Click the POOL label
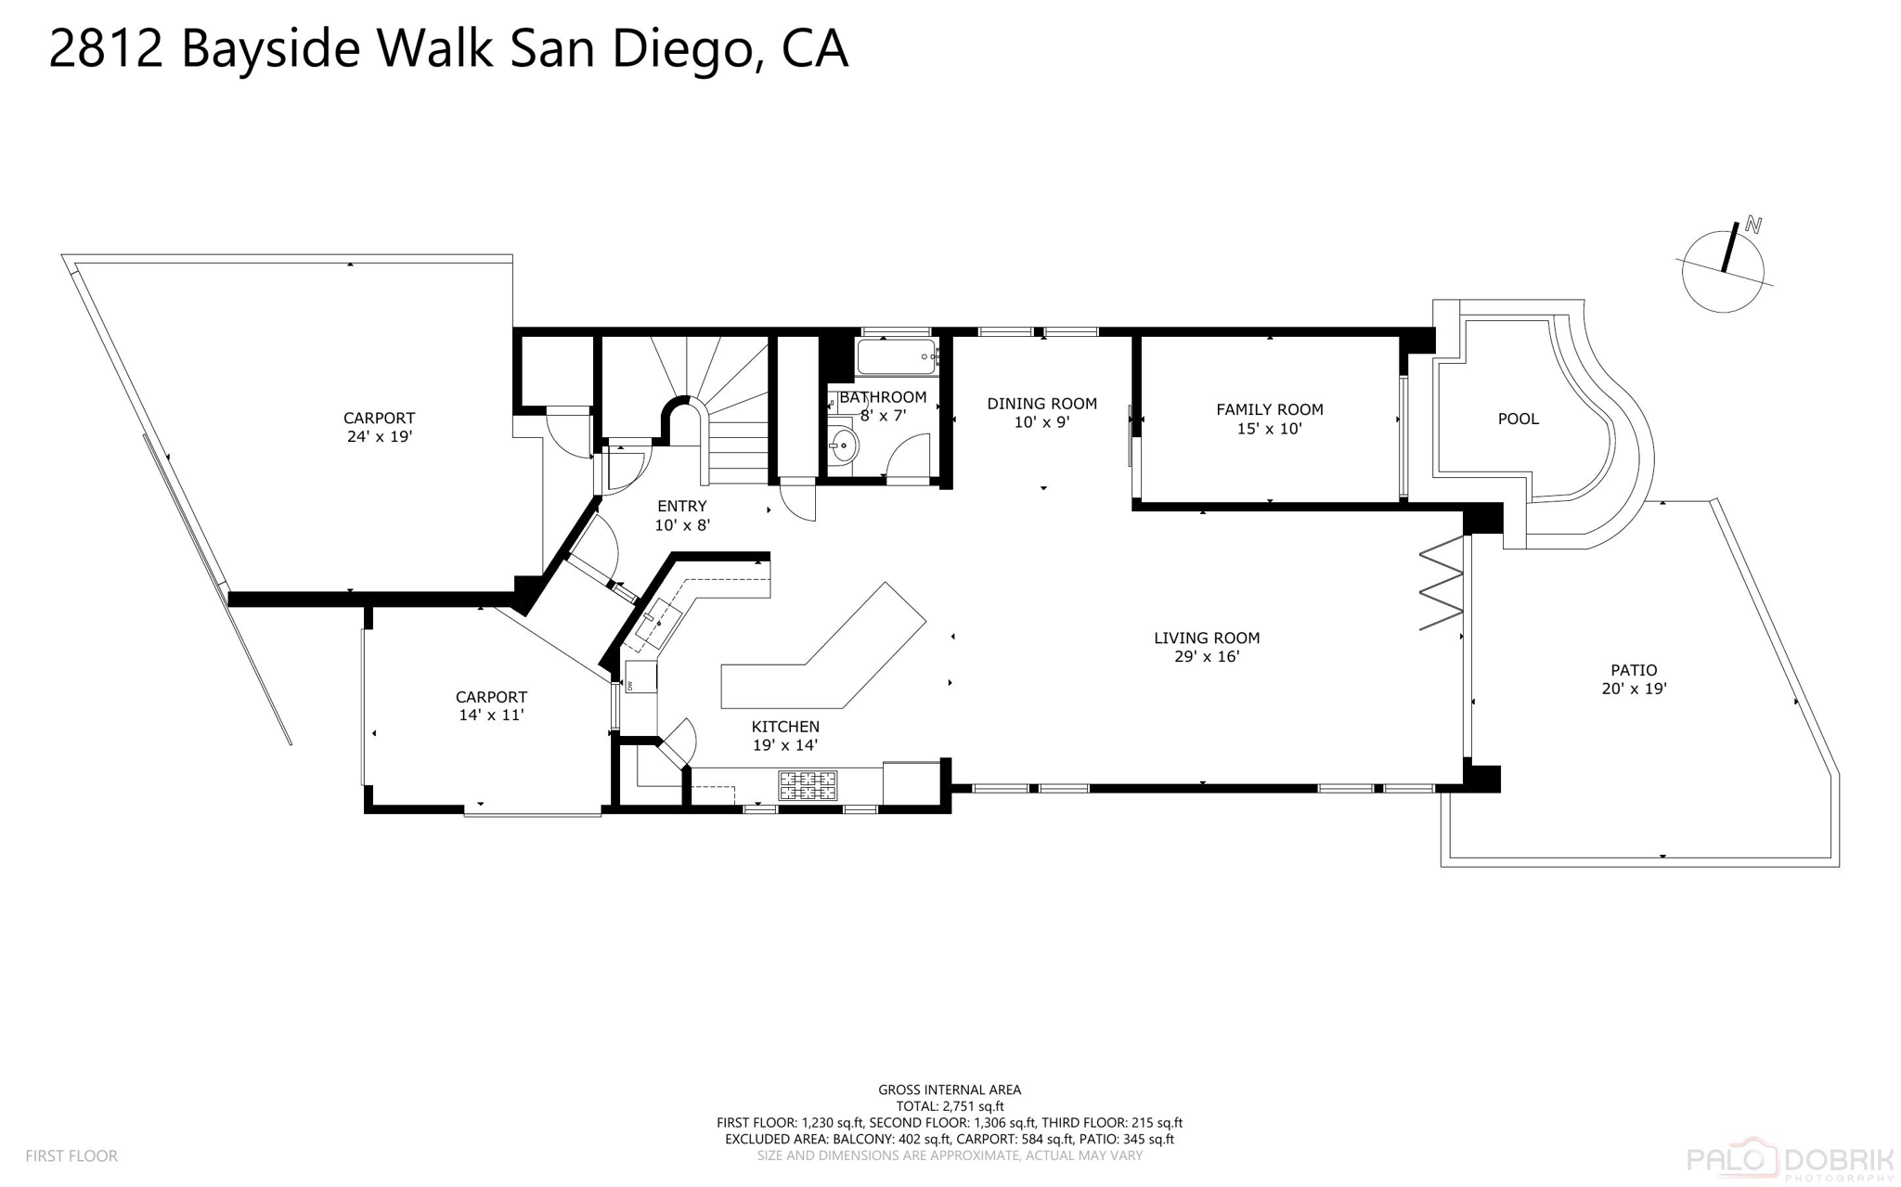[x=1518, y=419]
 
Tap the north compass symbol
[x=1724, y=270]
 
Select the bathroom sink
[x=843, y=446]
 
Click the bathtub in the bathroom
[x=896, y=356]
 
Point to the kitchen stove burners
[x=808, y=785]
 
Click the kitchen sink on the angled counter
[x=659, y=622]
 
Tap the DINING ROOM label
[x=1041, y=404]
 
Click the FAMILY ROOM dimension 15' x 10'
[x=1269, y=429]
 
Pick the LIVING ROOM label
[x=1206, y=638]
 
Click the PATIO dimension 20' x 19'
[x=1634, y=689]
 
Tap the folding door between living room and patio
[x=1442, y=585]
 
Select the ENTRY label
[x=682, y=506]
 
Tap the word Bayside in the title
[x=270, y=49]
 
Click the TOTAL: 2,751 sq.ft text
[x=950, y=1106]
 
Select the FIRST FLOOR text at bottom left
[x=71, y=1155]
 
